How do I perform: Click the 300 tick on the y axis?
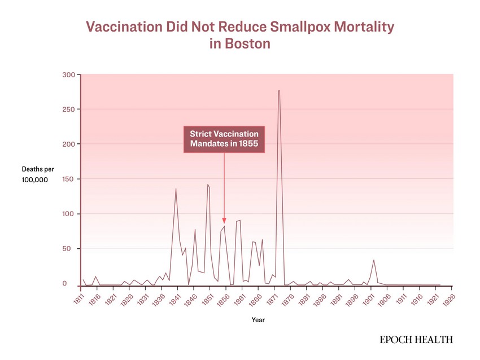[68, 74]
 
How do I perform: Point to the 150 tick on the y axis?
[68, 179]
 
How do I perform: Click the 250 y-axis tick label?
[68, 109]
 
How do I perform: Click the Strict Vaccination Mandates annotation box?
[224, 139]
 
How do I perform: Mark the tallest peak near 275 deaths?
[279, 91]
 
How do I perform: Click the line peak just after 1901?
[374, 260]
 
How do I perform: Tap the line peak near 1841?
[176, 189]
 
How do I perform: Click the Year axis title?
[258, 319]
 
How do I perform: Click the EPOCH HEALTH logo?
[416, 340]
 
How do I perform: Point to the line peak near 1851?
[208, 185]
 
